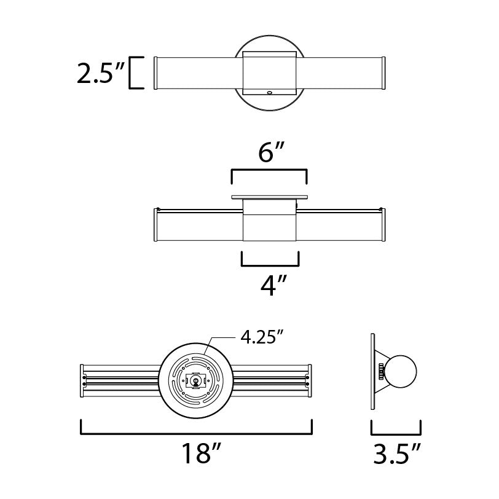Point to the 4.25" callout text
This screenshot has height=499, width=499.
[x=261, y=337]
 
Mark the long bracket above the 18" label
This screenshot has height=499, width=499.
[x=196, y=433]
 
